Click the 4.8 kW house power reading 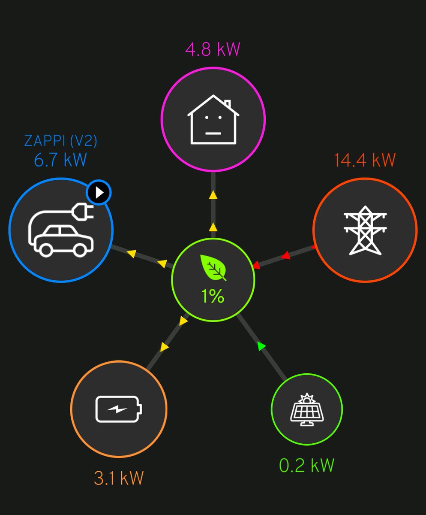tap(213, 49)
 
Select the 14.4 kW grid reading tap(365, 160)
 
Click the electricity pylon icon tap(365, 230)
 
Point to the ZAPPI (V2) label tap(60, 141)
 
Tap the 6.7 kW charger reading tap(60, 160)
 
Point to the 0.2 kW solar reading tap(307, 465)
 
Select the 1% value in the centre tap(213, 296)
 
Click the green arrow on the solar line tap(262, 346)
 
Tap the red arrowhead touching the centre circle tap(256, 266)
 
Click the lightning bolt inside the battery tap(117, 409)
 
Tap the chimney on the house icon tap(227, 105)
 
